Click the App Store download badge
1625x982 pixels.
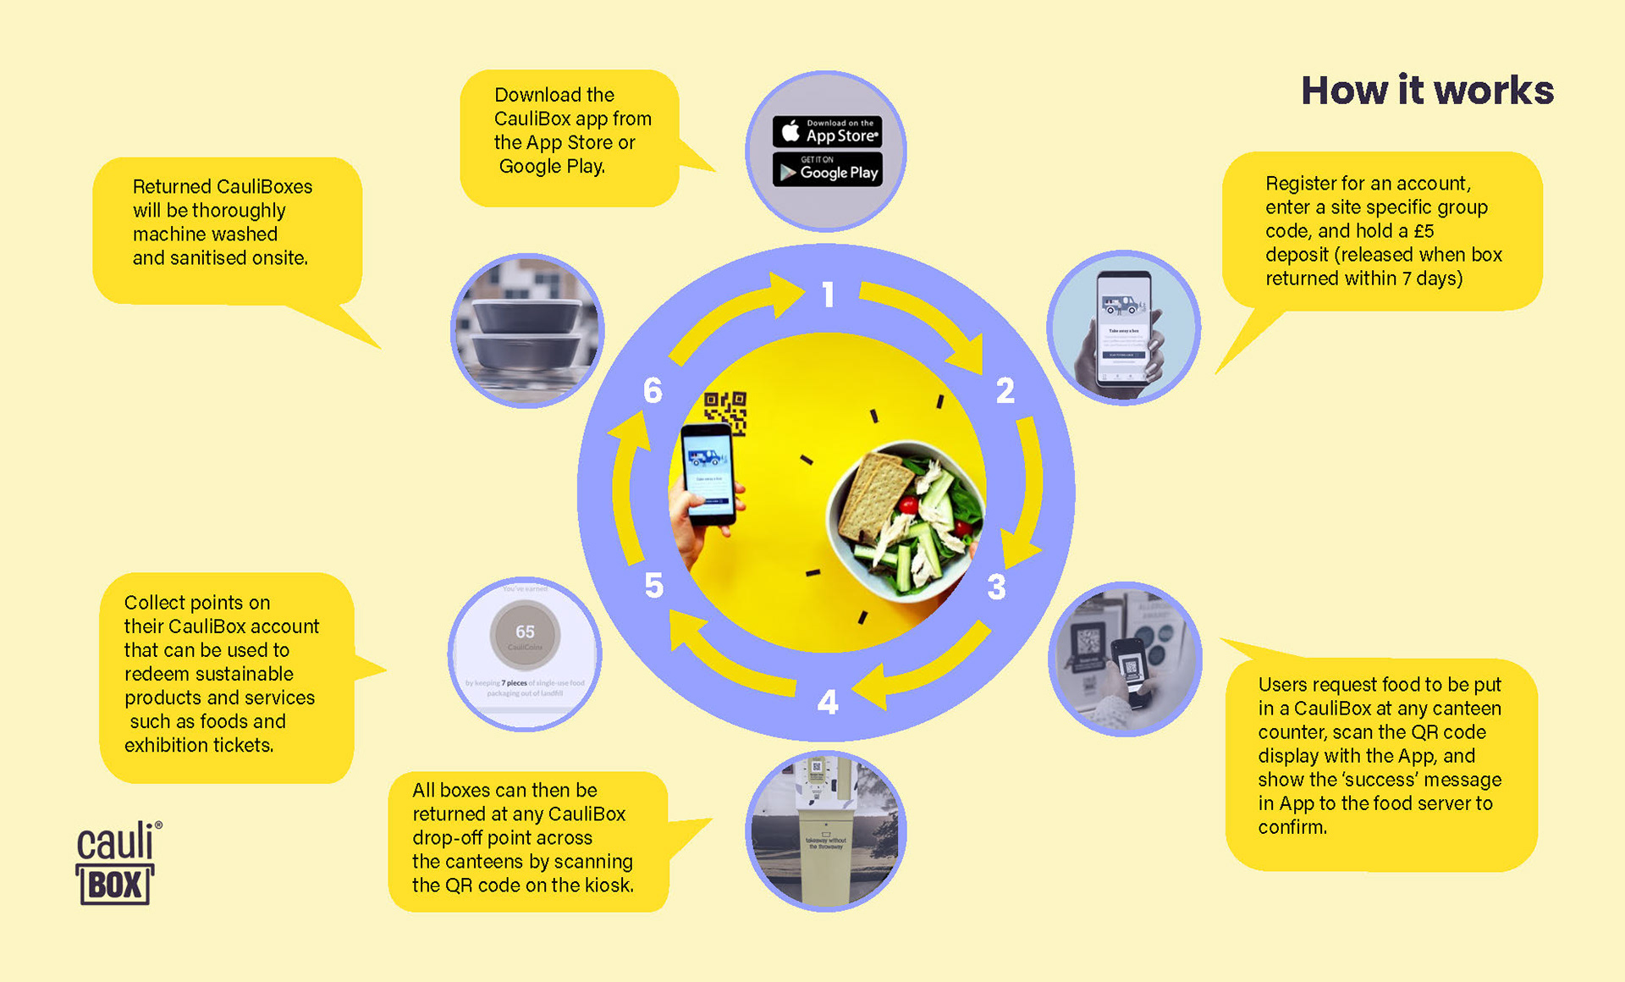click(x=827, y=131)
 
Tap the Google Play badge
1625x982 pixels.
click(x=827, y=169)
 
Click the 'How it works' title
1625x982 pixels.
click(x=1427, y=91)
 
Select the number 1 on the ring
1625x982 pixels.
click(x=828, y=295)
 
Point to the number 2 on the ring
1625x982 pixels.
click(x=1005, y=390)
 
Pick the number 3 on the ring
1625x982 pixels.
click(x=996, y=587)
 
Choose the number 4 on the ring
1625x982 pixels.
click(x=827, y=702)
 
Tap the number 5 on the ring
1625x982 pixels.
click(x=653, y=585)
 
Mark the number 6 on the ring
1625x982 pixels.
click(x=653, y=390)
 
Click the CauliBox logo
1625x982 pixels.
click(x=117, y=863)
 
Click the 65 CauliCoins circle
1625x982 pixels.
click(x=525, y=633)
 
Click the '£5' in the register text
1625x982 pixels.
click(x=1424, y=231)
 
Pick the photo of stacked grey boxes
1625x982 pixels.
click(x=526, y=331)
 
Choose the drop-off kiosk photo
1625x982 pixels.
click(x=825, y=831)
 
